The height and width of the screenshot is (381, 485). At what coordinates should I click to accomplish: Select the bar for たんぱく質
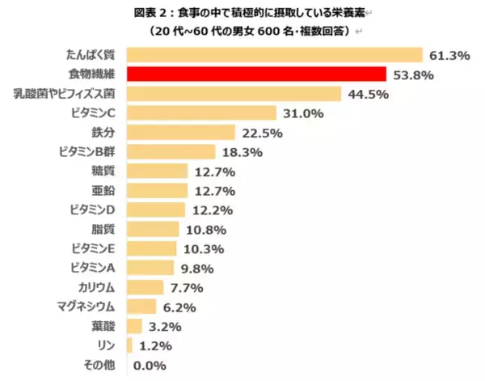click(275, 55)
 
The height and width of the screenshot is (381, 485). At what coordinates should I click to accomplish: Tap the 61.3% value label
click(449, 56)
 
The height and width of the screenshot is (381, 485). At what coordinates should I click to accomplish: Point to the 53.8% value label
click(412, 75)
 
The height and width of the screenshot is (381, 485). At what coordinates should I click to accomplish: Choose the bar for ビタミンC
click(202, 113)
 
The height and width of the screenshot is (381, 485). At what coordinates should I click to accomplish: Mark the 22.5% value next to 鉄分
click(259, 133)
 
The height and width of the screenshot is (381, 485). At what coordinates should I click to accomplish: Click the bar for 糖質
click(158, 171)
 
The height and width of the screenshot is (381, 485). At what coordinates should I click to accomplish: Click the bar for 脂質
click(154, 229)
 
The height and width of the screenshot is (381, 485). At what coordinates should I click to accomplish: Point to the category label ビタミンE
click(95, 248)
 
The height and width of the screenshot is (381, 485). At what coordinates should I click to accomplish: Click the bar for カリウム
click(145, 286)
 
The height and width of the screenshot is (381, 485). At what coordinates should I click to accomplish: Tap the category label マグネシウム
click(90, 306)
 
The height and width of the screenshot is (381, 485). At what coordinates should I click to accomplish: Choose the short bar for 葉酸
click(134, 325)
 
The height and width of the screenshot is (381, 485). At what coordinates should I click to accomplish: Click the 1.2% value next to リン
click(156, 345)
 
